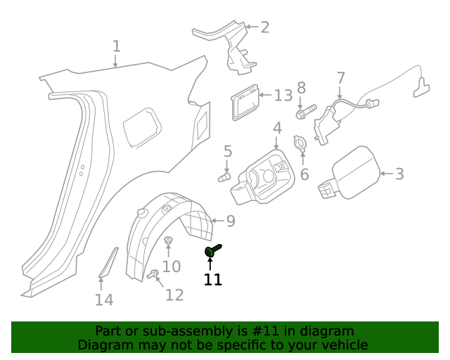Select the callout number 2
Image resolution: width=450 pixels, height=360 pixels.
264,27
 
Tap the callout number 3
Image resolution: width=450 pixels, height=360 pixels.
399,174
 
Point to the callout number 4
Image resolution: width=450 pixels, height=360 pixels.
277,128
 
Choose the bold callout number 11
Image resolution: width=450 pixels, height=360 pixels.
212,279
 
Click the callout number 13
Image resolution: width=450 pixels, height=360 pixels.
283,95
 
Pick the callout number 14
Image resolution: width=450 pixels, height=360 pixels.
103,300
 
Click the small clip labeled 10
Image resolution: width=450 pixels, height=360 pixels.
168,243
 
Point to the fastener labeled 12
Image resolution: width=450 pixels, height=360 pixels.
151,275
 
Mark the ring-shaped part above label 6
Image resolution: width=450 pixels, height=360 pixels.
300,143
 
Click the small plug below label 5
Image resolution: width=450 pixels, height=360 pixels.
225,177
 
